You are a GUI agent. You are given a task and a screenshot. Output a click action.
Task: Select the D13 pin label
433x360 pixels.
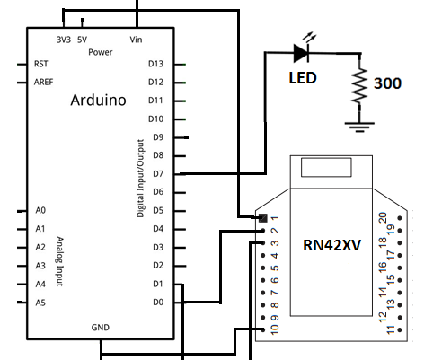[x=155, y=64]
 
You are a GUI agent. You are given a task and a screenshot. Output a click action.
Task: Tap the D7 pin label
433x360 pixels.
[x=158, y=173]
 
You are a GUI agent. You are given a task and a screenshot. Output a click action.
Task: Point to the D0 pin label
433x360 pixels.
[x=158, y=302]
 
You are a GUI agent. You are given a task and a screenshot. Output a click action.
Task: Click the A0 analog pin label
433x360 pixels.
[x=40, y=210]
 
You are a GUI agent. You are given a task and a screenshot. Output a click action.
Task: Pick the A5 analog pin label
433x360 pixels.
[x=40, y=303]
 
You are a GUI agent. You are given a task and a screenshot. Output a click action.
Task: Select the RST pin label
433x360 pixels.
[x=41, y=64]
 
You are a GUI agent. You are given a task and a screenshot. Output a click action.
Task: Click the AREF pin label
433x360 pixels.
[x=44, y=82]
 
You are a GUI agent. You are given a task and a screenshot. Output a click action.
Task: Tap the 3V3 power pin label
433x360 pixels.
[x=63, y=40]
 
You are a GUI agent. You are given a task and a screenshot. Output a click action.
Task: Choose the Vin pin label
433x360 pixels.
[x=137, y=40]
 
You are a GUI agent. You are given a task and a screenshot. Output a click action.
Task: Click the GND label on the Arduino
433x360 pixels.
[x=100, y=328]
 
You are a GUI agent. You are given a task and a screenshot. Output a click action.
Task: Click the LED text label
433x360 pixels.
[x=302, y=78]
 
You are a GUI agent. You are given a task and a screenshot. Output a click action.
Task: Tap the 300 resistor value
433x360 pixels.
[x=387, y=84]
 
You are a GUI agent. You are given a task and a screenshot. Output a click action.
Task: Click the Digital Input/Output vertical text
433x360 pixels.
[x=140, y=179]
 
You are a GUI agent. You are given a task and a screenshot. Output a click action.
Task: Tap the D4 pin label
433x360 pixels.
[x=158, y=228]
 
